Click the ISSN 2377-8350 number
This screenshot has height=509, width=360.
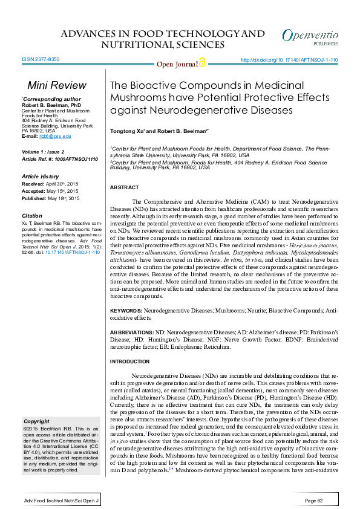tap(41, 60)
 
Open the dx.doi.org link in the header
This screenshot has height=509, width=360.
tap(289, 60)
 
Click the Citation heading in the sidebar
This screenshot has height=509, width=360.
tap(32, 215)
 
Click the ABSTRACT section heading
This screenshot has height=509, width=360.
tap(124, 188)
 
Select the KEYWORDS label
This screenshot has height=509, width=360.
tap(126, 310)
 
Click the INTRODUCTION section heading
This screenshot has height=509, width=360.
tap(129, 361)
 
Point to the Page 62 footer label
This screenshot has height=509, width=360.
tap(318, 501)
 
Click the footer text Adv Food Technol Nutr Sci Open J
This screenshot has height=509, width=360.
tap(61, 501)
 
